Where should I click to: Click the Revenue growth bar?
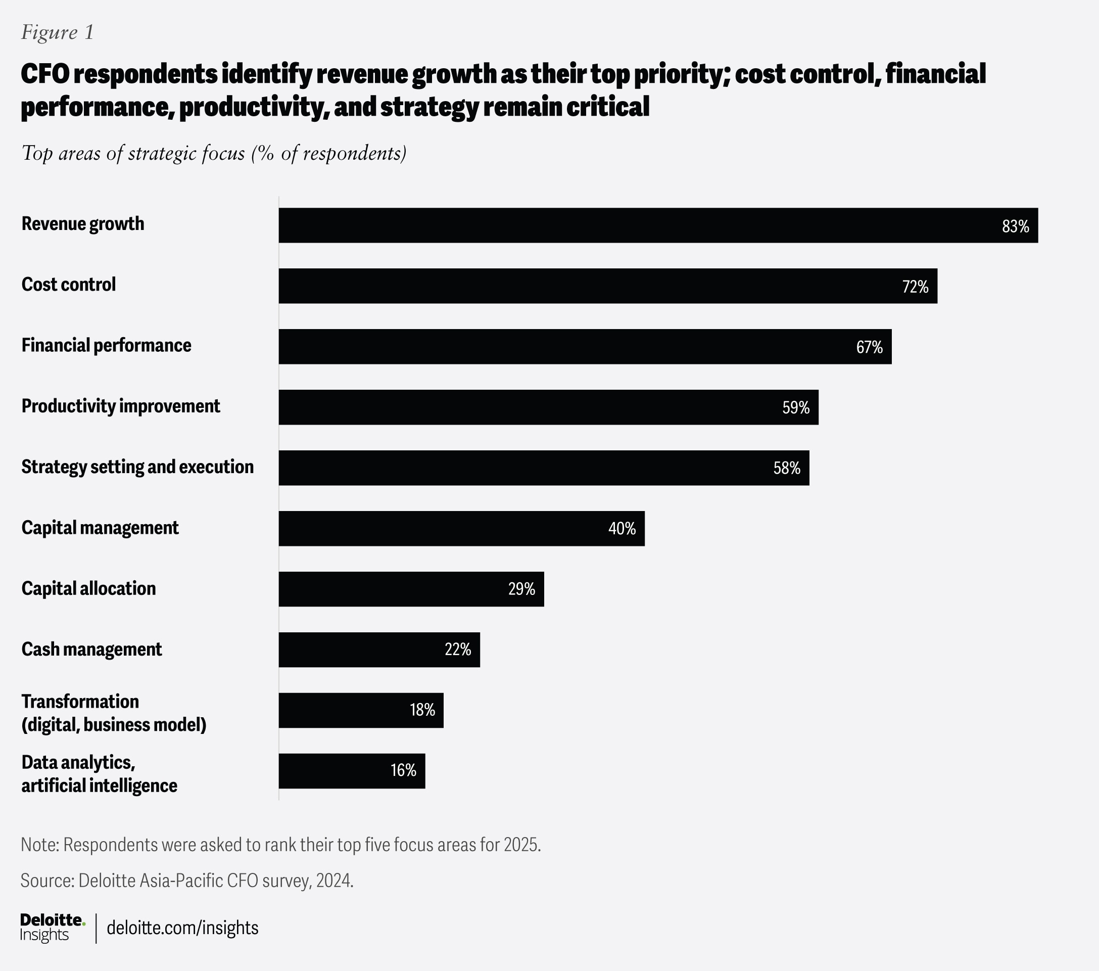pos(658,225)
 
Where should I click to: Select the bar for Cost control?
pos(607,286)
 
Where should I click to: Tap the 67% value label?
pos(870,347)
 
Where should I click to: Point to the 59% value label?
pos(796,408)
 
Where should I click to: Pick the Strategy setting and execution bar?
pos(544,468)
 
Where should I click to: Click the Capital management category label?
pos(100,528)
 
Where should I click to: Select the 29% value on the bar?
pos(521,589)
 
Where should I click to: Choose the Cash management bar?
pos(379,650)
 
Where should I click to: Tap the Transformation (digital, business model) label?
pos(114,713)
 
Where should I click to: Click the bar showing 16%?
pos(352,771)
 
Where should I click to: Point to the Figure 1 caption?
pos(58,32)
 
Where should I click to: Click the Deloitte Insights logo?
pos(52,928)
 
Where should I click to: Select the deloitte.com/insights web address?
pos(182,928)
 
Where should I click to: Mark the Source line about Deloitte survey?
pos(186,880)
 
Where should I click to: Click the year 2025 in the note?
pos(520,845)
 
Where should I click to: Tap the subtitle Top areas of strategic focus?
pos(213,153)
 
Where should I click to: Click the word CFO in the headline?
pos(45,74)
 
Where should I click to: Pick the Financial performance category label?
pos(106,345)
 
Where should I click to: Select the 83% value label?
pos(1015,226)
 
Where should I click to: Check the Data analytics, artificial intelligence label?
pos(99,773)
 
